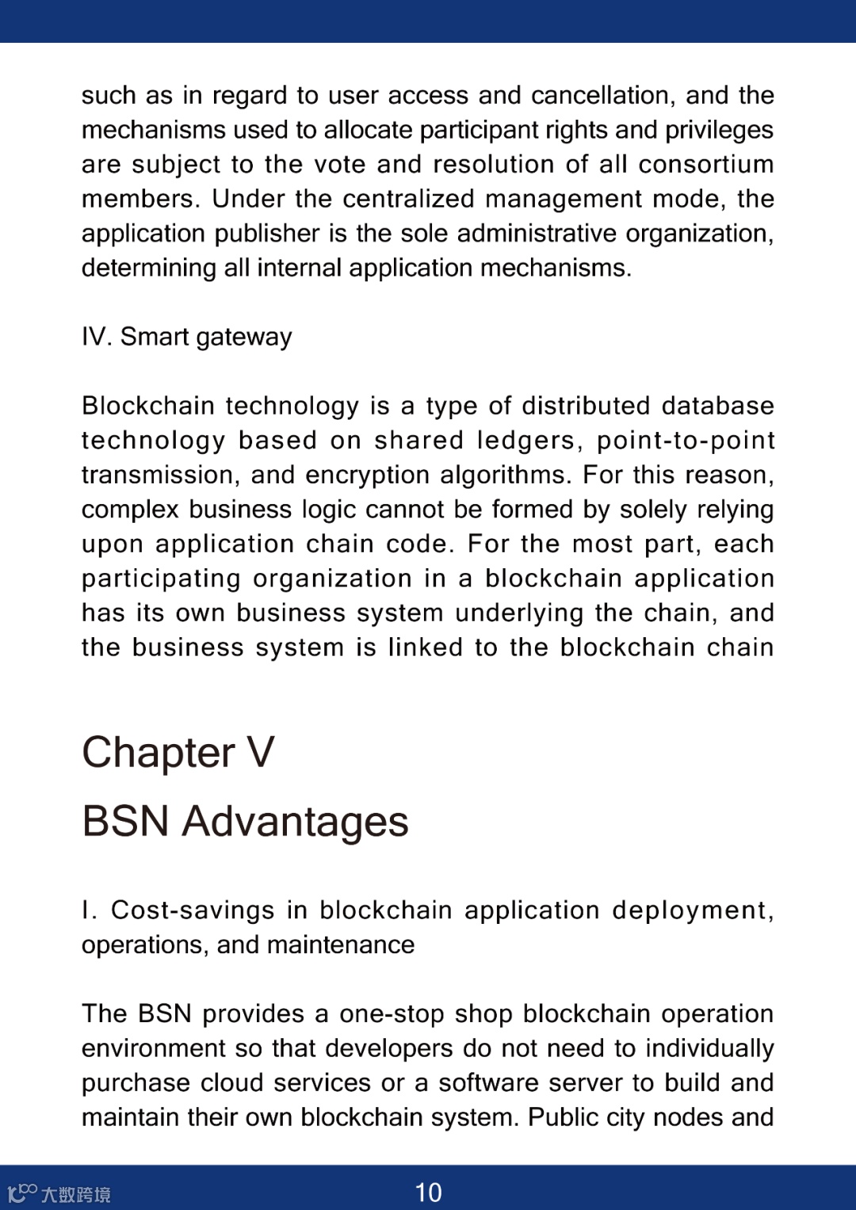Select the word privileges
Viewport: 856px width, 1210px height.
tap(719, 130)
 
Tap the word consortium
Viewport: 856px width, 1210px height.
tap(705, 164)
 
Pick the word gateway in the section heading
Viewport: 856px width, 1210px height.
tap(244, 338)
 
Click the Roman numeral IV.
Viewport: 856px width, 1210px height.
tap(95, 337)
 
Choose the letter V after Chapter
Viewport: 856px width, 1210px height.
tap(261, 752)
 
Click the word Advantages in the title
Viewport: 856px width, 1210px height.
tap(295, 821)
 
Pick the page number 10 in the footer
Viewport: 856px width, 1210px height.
tap(428, 1193)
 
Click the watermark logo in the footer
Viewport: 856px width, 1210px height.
tap(59, 1193)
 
